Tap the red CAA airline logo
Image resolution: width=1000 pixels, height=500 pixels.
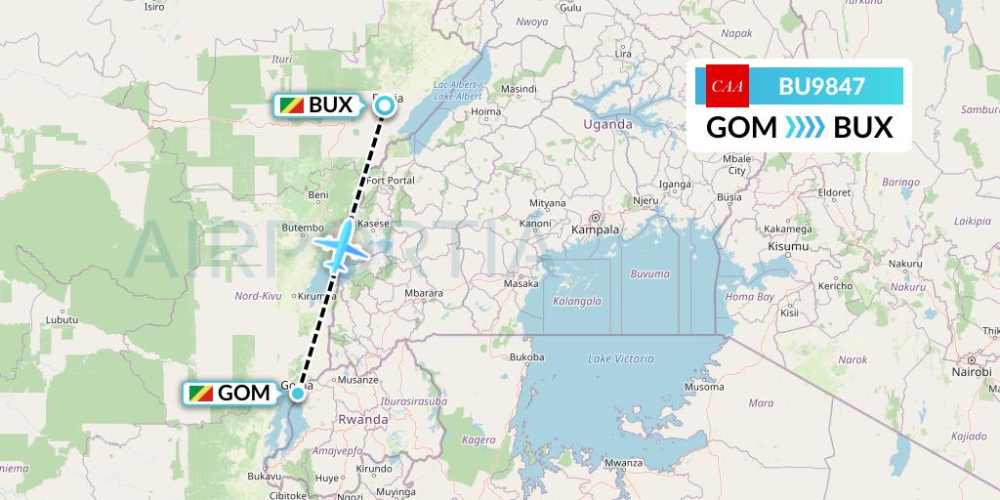[727, 85]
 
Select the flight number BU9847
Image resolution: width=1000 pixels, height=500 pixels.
[821, 86]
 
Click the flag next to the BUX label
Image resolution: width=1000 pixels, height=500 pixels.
[290, 105]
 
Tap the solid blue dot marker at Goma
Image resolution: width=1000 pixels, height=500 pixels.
[297, 394]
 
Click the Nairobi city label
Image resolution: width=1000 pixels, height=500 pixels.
[971, 373]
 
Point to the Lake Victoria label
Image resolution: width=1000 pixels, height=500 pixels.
[620, 359]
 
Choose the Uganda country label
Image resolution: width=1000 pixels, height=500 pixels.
[607, 124]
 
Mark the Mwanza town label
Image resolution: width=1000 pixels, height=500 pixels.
[622, 463]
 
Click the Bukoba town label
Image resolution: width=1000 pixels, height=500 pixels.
[526, 357]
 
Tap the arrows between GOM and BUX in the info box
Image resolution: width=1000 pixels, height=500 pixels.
[806, 127]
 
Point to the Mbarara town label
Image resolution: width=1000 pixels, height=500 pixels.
[424, 292]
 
